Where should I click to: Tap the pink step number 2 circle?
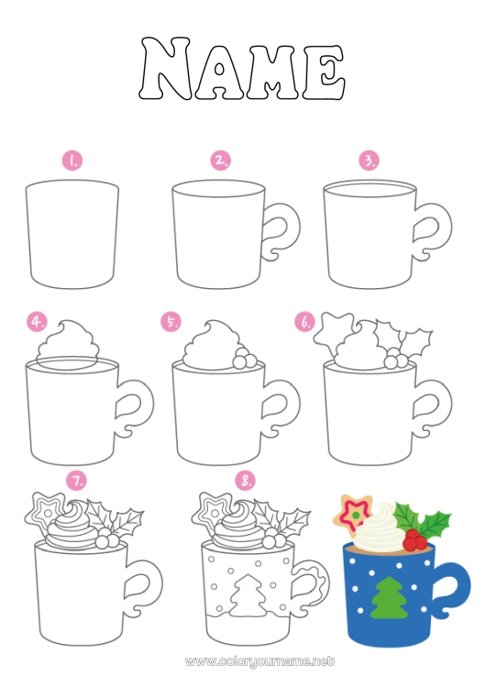coord(220,161)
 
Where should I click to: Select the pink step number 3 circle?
coord(369,161)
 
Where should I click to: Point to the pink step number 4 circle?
coord(38,322)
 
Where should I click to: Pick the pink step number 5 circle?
coord(171,322)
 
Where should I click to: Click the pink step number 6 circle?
coord(305,322)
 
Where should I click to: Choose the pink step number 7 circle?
coord(77,480)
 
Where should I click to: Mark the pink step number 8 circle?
coord(245,480)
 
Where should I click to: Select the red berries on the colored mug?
coord(415,538)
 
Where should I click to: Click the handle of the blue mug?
coord(447,594)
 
